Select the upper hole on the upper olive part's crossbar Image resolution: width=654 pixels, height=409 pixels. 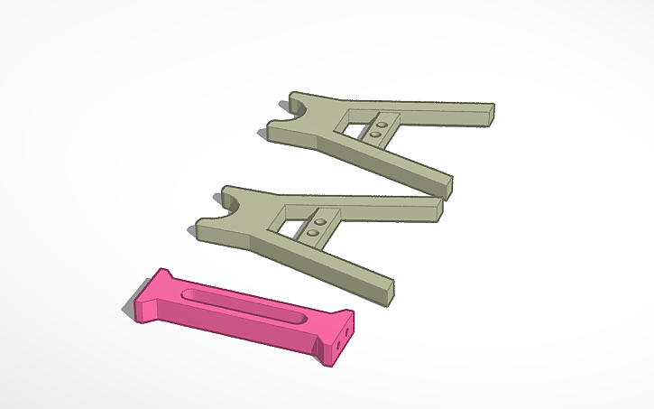coord(382,123)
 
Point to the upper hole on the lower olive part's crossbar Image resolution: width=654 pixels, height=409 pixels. coord(318,220)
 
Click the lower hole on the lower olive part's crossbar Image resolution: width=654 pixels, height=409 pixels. coord(312,232)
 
